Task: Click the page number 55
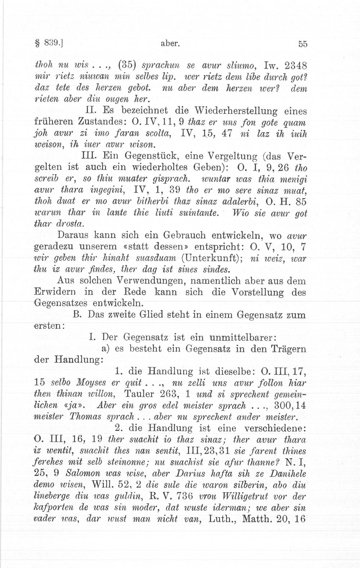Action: pos(302,44)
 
